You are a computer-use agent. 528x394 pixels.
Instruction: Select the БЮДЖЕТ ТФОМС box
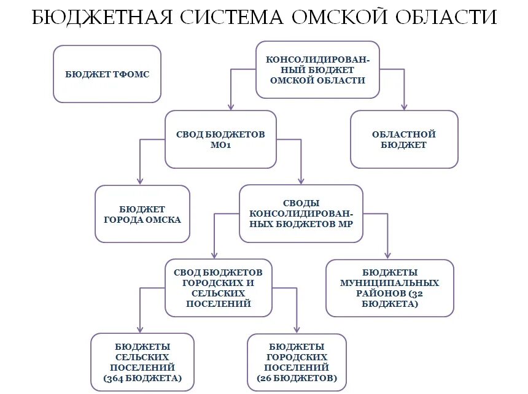coord(107,74)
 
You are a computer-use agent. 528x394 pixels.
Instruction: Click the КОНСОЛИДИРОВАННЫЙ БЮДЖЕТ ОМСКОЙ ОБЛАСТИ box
coord(317,70)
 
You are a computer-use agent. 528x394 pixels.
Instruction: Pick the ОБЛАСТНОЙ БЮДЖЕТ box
coord(404,139)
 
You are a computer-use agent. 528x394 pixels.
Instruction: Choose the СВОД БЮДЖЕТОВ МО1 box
coord(220,139)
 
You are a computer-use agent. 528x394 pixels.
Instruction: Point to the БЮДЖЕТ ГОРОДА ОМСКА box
coord(142,214)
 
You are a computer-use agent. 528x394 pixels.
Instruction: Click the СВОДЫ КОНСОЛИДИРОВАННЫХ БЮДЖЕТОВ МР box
coord(301,214)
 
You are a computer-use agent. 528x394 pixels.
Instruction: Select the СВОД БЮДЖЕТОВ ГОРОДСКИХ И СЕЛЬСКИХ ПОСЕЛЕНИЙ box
coord(218,287)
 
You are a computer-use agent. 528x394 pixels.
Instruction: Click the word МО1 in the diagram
coord(220,146)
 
